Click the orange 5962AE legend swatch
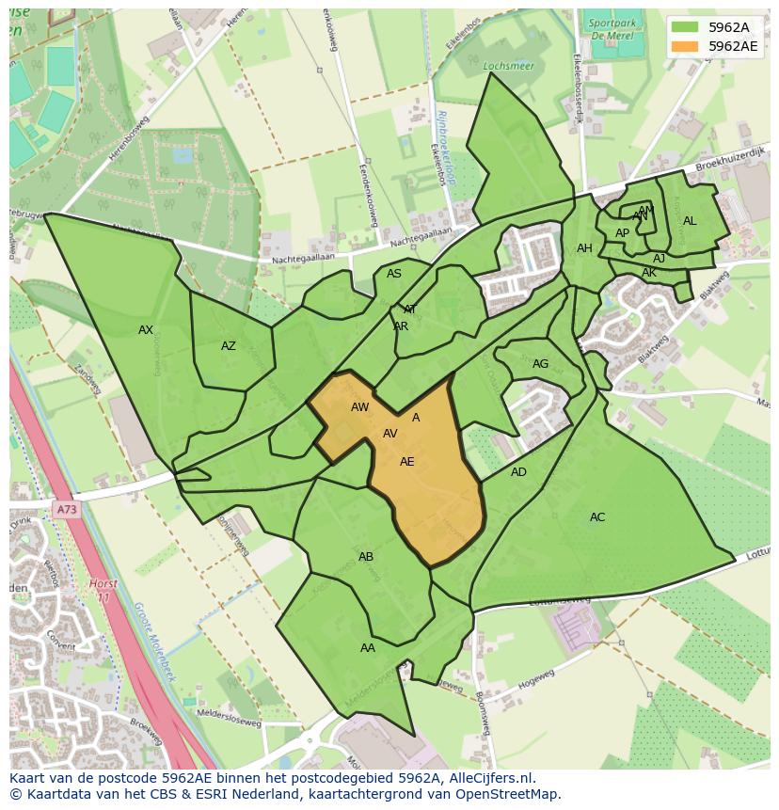point(685,45)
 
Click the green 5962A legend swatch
point(685,27)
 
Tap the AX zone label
point(146,330)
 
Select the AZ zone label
point(229,346)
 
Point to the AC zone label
point(597,517)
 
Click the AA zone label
point(368,648)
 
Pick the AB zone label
point(366,557)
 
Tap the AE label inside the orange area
point(407,462)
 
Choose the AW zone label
point(360,407)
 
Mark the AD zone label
point(518,472)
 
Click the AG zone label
point(540,364)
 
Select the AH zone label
point(584,248)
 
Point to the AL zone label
point(690,221)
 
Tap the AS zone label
point(394,274)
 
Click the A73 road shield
point(66,510)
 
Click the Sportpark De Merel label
point(612,29)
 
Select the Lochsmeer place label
point(501,67)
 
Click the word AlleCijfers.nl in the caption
point(492,778)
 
